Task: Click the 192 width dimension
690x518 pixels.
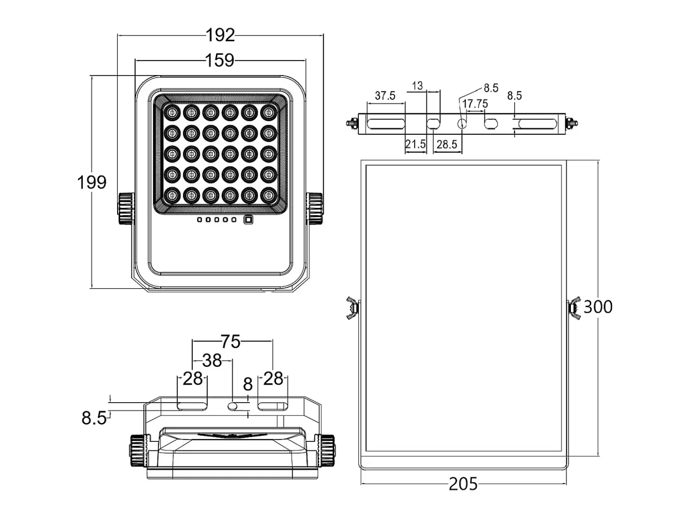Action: pos(220,35)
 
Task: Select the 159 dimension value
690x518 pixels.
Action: pos(220,60)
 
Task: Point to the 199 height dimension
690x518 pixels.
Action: pos(92,182)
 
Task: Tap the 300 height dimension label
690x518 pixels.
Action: pos(598,307)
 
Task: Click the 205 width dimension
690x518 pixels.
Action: pos(463,484)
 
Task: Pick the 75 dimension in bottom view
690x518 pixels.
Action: pos(231,341)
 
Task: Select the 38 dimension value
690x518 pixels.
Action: pos(212,361)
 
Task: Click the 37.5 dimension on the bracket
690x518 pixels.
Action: pos(385,95)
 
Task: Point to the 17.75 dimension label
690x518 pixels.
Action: pos(475,104)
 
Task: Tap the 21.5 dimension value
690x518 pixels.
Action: pos(415,144)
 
